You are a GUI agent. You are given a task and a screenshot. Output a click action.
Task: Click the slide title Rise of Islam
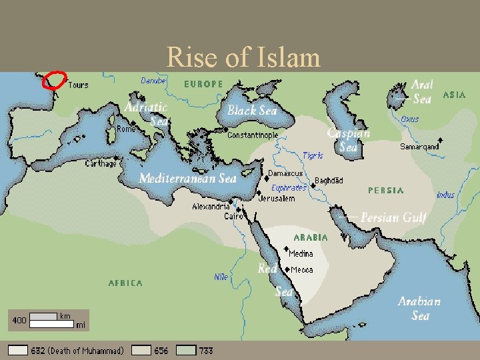tap(243, 57)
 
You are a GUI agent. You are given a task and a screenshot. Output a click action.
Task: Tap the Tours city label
tap(77, 85)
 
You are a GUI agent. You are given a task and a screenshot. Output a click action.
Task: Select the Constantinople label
tap(253, 135)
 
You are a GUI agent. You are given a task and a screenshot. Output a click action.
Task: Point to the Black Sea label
tap(251, 111)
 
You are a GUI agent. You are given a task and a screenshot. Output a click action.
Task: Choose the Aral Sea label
tap(421, 92)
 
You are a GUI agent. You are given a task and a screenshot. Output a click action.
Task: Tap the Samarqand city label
tap(419, 147)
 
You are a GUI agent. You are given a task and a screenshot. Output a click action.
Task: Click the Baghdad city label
tap(329, 181)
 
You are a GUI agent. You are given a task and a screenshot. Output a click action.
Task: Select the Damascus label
tap(285, 173)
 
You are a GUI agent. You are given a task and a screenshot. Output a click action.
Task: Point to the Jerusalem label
tap(277, 199)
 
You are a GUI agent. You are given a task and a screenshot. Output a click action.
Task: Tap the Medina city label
tap(301, 253)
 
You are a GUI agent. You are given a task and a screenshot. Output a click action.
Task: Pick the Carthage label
tap(101, 163)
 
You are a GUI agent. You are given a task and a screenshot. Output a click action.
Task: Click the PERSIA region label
tap(386, 191)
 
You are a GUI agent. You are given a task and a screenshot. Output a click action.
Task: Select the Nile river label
tap(221, 276)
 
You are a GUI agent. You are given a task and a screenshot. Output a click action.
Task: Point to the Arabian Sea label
tap(419, 308)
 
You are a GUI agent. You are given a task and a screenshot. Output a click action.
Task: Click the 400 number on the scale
tap(19, 320)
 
